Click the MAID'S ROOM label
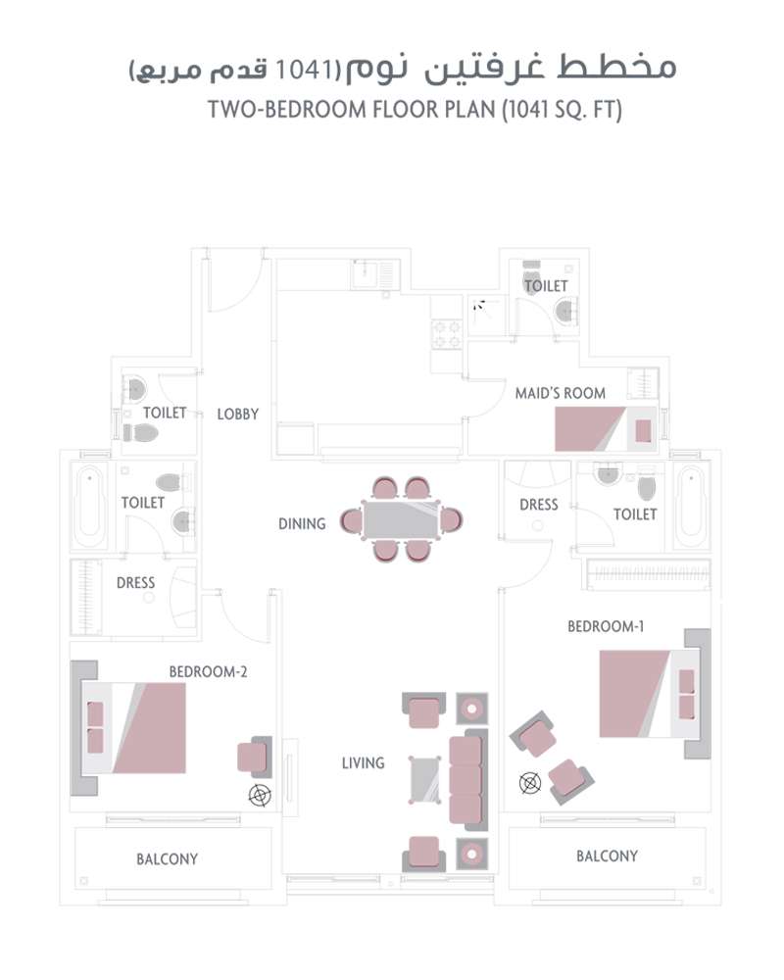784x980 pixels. (561, 393)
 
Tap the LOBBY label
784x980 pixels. (238, 414)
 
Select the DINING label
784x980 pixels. (302, 523)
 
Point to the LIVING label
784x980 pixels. (363, 762)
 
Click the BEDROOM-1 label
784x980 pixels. (606, 626)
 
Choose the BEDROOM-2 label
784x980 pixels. (208, 672)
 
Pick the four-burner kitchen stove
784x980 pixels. (447, 335)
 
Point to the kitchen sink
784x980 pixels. (371, 273)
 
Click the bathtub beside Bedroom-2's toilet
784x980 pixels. (88, 510)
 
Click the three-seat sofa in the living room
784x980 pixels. (467, 780)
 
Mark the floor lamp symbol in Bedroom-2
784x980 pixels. (260, 796)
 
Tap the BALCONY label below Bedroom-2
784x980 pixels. (167, 859)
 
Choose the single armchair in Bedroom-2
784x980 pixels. (253, 758)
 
